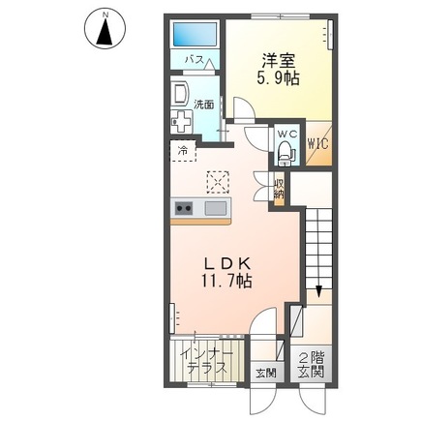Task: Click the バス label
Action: coord(194,60)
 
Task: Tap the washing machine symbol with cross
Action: coord(181,122)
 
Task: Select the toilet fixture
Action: coord(285,152)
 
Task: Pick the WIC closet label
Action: coord(318,144)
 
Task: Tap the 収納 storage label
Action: coord(278,188)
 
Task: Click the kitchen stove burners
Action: coord(184,209)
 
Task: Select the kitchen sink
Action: coord(215,209)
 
